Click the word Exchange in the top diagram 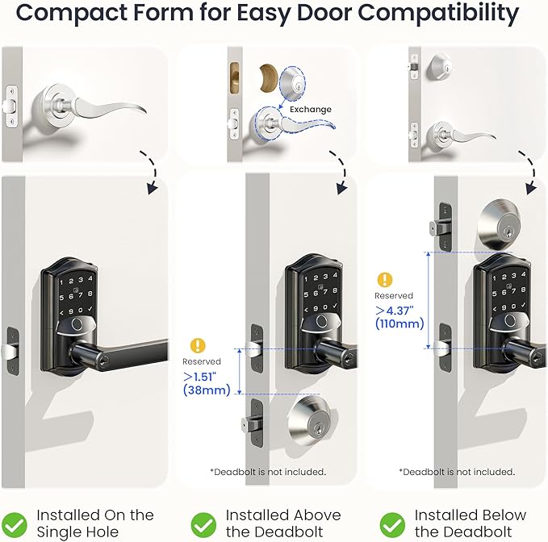312,109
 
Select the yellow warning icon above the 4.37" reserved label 385,280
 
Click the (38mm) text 207,390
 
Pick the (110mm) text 399,324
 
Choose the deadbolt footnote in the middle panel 267,472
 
